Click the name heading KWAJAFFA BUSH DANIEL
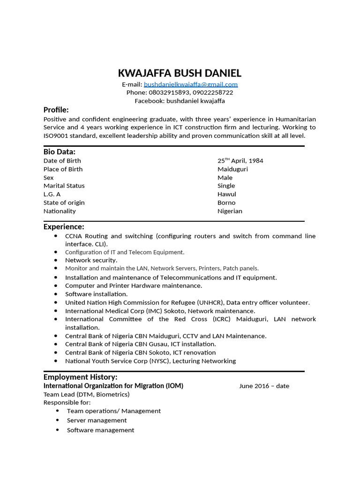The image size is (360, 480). pyautogui.click(x=180, y=73)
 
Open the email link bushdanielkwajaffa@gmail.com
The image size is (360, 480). pyautogui.click(x=191, y=84)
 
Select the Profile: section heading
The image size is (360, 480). pyautogui.click(x=56, y=110)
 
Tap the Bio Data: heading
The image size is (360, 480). pyautogui.click(x=60, y=152)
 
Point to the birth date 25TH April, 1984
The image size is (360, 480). pyautogui.click(x=240, y=161)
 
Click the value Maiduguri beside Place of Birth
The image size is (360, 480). pyautogui.click(x=233, y=169)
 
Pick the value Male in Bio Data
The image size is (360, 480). pyautogui.click(x=225, y=178)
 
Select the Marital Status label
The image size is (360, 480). pyautogui.click(x=64, y=186)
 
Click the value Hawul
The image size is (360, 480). pyautogui.click(x=227, y=194)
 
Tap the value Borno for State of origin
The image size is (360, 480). pyautogui.click(x=226, y=202)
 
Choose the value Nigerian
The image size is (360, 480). pyautogui.click(x=230, y=211)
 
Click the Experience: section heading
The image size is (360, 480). pyautogui.click(x=64, y=227)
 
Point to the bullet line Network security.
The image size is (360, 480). pyautogui.click(x=91, y=260)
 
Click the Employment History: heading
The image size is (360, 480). pyautogui.click(x=81, y=377)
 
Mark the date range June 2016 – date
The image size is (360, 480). pyautogui.click(x=264, y=386)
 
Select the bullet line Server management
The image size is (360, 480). pyautogui.click(x=97, y=420)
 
